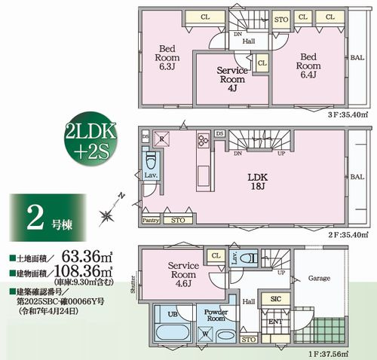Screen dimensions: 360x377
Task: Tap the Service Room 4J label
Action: pos(231,78)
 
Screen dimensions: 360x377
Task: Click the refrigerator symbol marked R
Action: pos(161,139)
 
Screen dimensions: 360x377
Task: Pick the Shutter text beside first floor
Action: pos(132,282)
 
